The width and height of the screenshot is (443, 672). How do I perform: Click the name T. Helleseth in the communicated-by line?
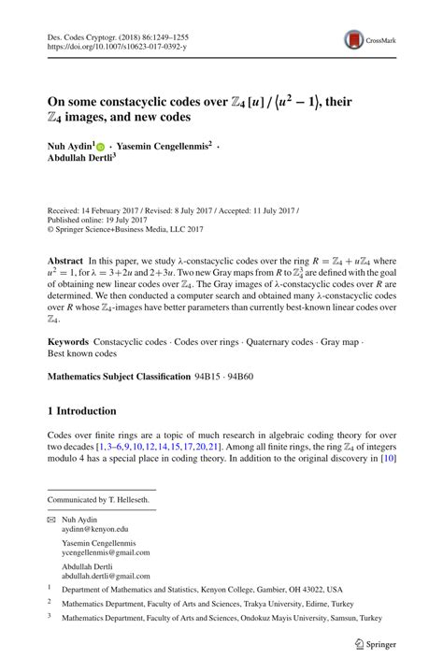coord(125,499)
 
